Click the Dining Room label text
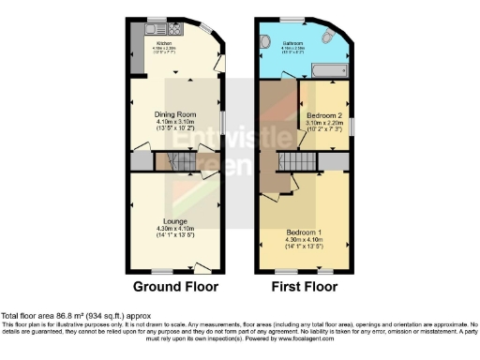[x=175, y=113]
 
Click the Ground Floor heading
[x=175, y=286]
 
